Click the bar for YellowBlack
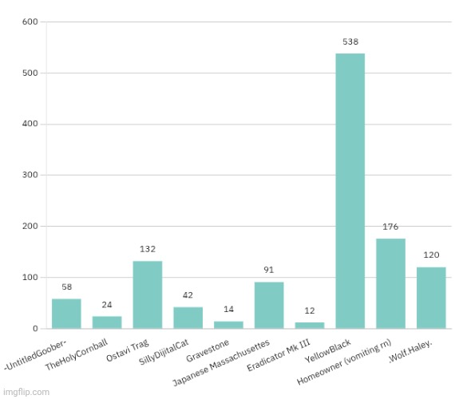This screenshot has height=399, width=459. coord(350,191)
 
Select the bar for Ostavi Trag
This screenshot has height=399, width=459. coord(148,294)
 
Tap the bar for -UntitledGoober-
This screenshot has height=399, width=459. coord(66,314)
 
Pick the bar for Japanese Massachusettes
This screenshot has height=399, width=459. coord(269,305)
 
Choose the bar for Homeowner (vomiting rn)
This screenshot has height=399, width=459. coord(390,283)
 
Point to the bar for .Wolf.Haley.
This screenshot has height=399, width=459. coord(431,298)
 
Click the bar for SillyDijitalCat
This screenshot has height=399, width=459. coord(188,318)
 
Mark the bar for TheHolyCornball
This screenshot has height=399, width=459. coord(107,322)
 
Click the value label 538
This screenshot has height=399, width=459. coord(350,41)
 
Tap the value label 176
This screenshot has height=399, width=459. coord(390,227)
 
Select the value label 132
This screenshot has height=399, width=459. coord(148,249)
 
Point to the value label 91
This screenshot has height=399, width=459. coord(269,270)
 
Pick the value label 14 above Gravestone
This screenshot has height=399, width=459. coord(228,309)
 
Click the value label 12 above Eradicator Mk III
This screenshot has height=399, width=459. coord(309,310)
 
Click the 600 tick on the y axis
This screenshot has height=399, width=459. coord(30,22)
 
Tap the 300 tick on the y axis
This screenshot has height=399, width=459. coord(30,176)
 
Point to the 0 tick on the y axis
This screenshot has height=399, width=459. coord(36,329)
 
